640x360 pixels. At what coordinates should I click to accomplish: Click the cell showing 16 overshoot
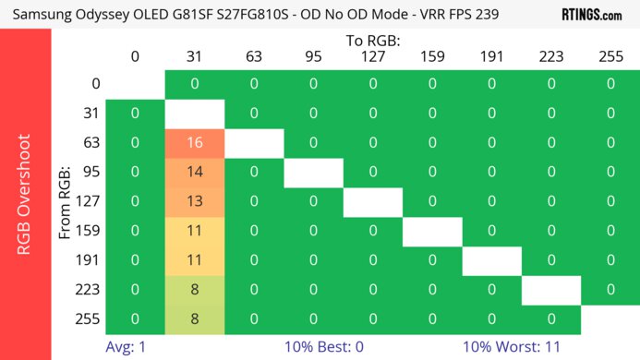tap(194, 143)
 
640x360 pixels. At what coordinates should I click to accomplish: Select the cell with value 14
tap(194, 172)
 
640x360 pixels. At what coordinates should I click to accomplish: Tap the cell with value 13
tap(194, 201)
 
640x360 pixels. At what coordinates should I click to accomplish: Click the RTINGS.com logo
tap(592, 15)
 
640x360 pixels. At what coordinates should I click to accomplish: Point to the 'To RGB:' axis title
tap(373, 41)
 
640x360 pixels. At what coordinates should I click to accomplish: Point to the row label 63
tap(91, 143)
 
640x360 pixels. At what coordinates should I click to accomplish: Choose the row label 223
tap(89, 290)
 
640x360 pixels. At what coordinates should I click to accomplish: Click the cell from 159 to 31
tap(194, 231)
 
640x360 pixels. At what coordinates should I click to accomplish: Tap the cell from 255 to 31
tap(194, 318)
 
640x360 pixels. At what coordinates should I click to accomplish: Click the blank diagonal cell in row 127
tap(373, 201)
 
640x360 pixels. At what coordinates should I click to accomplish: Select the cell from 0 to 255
tap(610, 84)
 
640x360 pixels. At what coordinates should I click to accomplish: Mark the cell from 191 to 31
tap(194, 260)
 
